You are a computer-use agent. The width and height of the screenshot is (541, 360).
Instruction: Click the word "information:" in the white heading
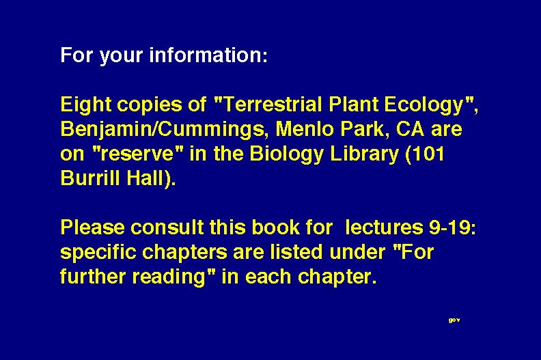pyautogui.click(x=208, y=55)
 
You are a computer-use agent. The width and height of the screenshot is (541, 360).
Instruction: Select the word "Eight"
pyautogui.click(x=85, y=105)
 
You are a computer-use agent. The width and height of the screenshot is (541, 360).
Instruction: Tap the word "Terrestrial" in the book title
pyautogui.click(x=273, y=105)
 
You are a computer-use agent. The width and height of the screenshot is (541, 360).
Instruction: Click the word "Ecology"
pyautogui.click(x=424, y=105)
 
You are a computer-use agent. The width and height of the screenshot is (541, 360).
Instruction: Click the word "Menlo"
pyautogui.click(x=305, y=129)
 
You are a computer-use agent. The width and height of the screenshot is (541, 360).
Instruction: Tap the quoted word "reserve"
pyautogui.click(x=137, y=154)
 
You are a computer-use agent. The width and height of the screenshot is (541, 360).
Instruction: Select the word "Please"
pyautogui.click(x=92, y=227)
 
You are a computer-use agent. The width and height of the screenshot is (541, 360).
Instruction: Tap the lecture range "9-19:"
pyautogui.click(x=452, y=227)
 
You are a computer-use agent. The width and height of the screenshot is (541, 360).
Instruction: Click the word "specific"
pyautogui.click(x=98, y=253)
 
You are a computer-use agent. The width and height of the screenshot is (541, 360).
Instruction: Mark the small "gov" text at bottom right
pyautogui.click(x=454, y=320)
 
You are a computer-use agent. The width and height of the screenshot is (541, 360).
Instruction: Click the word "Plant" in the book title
pyautogui.click(x=353, y=105)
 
